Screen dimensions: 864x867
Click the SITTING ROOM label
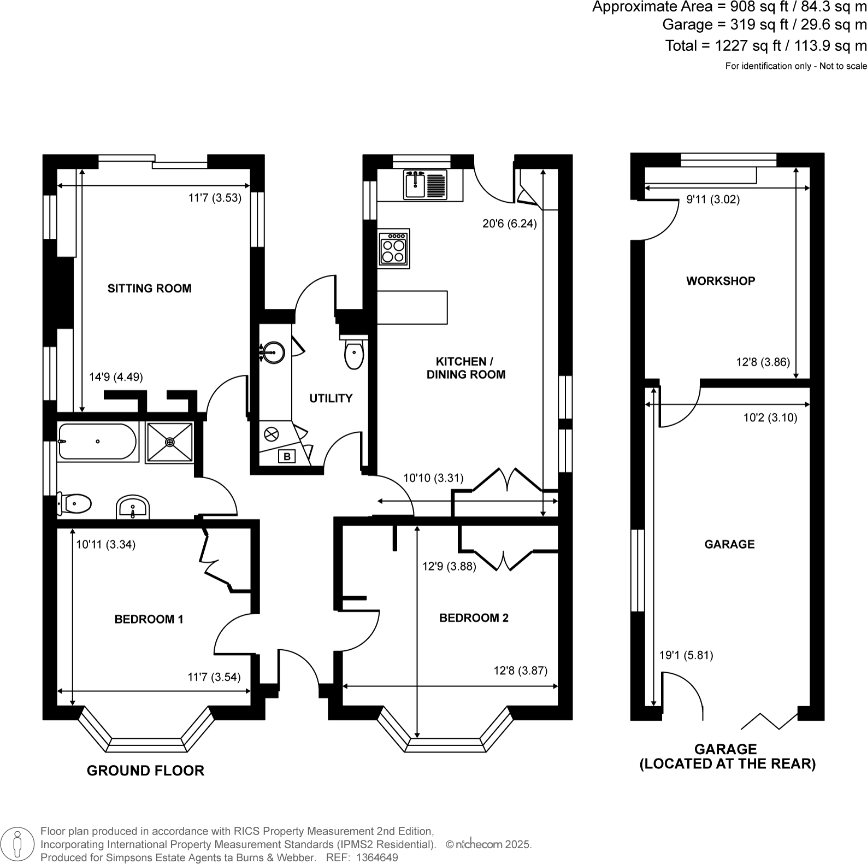(149, 289)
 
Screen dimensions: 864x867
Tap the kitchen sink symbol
(425, 185)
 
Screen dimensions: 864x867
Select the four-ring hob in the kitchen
(394, 249)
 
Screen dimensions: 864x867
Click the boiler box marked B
(287, 456)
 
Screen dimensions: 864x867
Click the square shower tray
(169, 442)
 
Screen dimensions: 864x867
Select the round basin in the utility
(273, 352)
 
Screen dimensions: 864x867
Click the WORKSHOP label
(721, 281)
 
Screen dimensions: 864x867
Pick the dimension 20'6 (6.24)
(509, 224)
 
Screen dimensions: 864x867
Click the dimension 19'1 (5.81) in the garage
(686, 655)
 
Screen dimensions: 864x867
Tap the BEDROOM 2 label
(474, 618)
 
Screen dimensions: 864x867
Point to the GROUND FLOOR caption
(145, 771)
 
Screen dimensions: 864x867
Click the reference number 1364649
(377, 858)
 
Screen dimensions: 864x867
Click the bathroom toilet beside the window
(75, 503)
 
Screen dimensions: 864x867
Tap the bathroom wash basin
(132, 507)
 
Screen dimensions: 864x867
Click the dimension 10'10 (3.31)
(433, 478)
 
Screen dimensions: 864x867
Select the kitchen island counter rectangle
(412, 307)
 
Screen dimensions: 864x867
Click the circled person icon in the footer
(17, 844)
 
